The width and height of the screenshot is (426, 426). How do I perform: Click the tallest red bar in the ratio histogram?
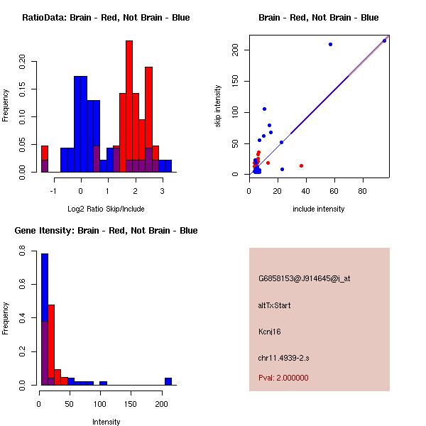(129, 106)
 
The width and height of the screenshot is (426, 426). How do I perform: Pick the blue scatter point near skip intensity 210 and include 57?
(330, 44)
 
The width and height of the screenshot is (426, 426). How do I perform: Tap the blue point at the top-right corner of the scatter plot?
(384, 40)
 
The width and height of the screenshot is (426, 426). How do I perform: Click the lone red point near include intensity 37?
(301, 165)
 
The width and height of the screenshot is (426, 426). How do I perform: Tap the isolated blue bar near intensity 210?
(168, 381)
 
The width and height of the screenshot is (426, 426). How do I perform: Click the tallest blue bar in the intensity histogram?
(44, 319)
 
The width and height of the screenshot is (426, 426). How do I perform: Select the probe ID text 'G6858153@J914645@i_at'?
(304, 278)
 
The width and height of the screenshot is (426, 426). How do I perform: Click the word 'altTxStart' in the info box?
(275, 305)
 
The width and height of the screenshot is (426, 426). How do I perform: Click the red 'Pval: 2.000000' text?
(283, 378)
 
